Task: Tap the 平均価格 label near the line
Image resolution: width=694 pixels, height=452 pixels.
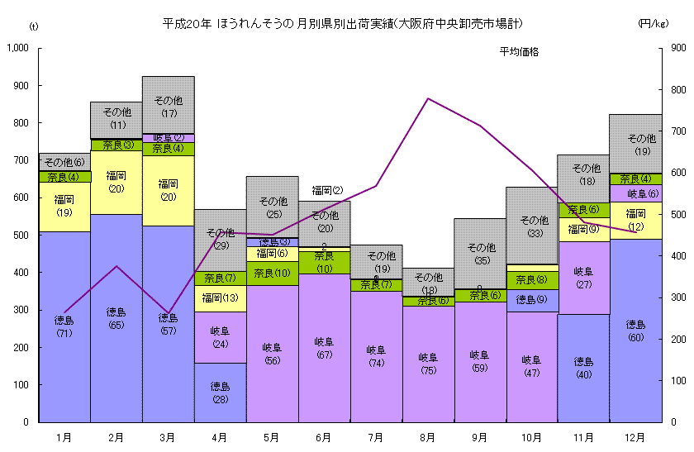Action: click(x=519, y=52)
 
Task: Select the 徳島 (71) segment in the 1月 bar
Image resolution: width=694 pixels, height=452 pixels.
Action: click(x=64, y=326)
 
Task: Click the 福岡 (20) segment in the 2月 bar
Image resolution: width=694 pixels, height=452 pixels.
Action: click(x=116, y=182)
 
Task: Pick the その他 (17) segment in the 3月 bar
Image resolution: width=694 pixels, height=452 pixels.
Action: click(x=169, y=104)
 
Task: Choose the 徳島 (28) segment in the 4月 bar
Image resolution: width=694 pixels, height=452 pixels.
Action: click(x=221, y=392)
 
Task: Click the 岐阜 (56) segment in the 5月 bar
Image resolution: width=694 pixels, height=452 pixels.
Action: click(x=273, y=354)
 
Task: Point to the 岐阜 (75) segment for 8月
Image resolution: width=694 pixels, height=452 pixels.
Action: click(x=428, y=364)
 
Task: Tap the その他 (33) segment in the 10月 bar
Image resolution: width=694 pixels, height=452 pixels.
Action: click(x=532, y=225)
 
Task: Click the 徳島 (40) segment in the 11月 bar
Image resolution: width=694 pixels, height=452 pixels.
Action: click(x=584, y=368)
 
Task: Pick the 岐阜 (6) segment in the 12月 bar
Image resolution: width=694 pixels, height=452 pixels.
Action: click(x=635, y=193)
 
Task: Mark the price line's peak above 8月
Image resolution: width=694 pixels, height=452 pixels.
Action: click(x=428, y=98)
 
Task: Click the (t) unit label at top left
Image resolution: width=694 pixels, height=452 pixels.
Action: click(x=33, y=27)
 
